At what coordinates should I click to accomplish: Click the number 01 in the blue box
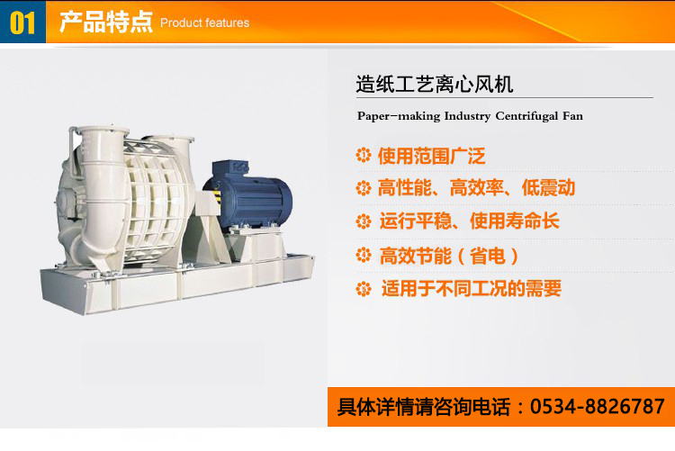click(x=22, y=23)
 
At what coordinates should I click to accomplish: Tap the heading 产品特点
click(x=106, y=22)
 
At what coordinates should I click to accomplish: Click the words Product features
click(x=204, y=23)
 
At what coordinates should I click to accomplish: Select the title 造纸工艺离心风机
click(x=435, y=84)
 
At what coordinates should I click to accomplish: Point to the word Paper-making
click(x=399, y=116)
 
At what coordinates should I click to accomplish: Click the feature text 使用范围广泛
click(x=431, y=156)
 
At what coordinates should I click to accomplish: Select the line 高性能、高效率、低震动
click(x=476, y=187)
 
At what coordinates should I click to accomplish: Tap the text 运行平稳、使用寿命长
click(x=469, y=221)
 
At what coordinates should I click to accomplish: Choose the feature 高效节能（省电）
click(x=448, y=256)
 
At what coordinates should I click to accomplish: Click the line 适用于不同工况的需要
click(x=472, y=288)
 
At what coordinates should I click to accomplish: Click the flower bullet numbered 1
click(x=364, y=155)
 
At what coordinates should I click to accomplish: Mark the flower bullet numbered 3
click(x=364, y=221)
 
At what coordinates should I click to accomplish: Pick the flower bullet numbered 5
click(x=364, y=289)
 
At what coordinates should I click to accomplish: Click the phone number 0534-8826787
click(x=597, y=406)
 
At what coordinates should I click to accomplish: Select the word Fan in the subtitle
click(x=572, y=116)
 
